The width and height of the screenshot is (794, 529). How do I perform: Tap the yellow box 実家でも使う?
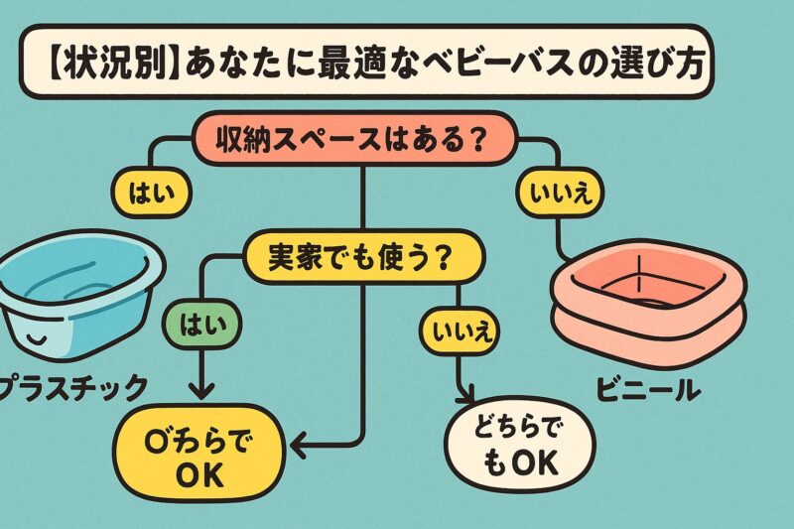[362, 256]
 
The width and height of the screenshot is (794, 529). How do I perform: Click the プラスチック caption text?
[79, 384]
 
